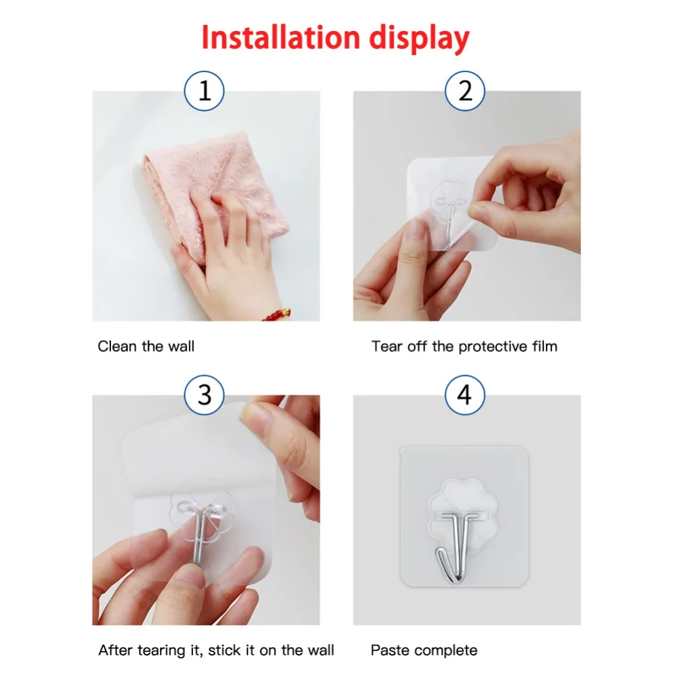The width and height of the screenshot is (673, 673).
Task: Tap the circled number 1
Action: point(205,91)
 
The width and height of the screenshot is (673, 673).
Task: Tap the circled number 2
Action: point(465,91)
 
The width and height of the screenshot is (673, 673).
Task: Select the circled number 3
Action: point(205,394)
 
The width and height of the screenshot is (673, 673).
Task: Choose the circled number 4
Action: point(465,395)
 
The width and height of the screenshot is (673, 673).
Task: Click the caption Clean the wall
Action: point(146,347)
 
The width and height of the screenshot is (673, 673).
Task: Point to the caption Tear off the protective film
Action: point(464,347)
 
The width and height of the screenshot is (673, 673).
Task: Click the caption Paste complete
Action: point(424,650)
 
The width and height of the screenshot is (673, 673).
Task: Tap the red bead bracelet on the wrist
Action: point(276,314)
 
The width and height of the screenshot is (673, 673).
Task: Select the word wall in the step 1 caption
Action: point(181,347)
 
